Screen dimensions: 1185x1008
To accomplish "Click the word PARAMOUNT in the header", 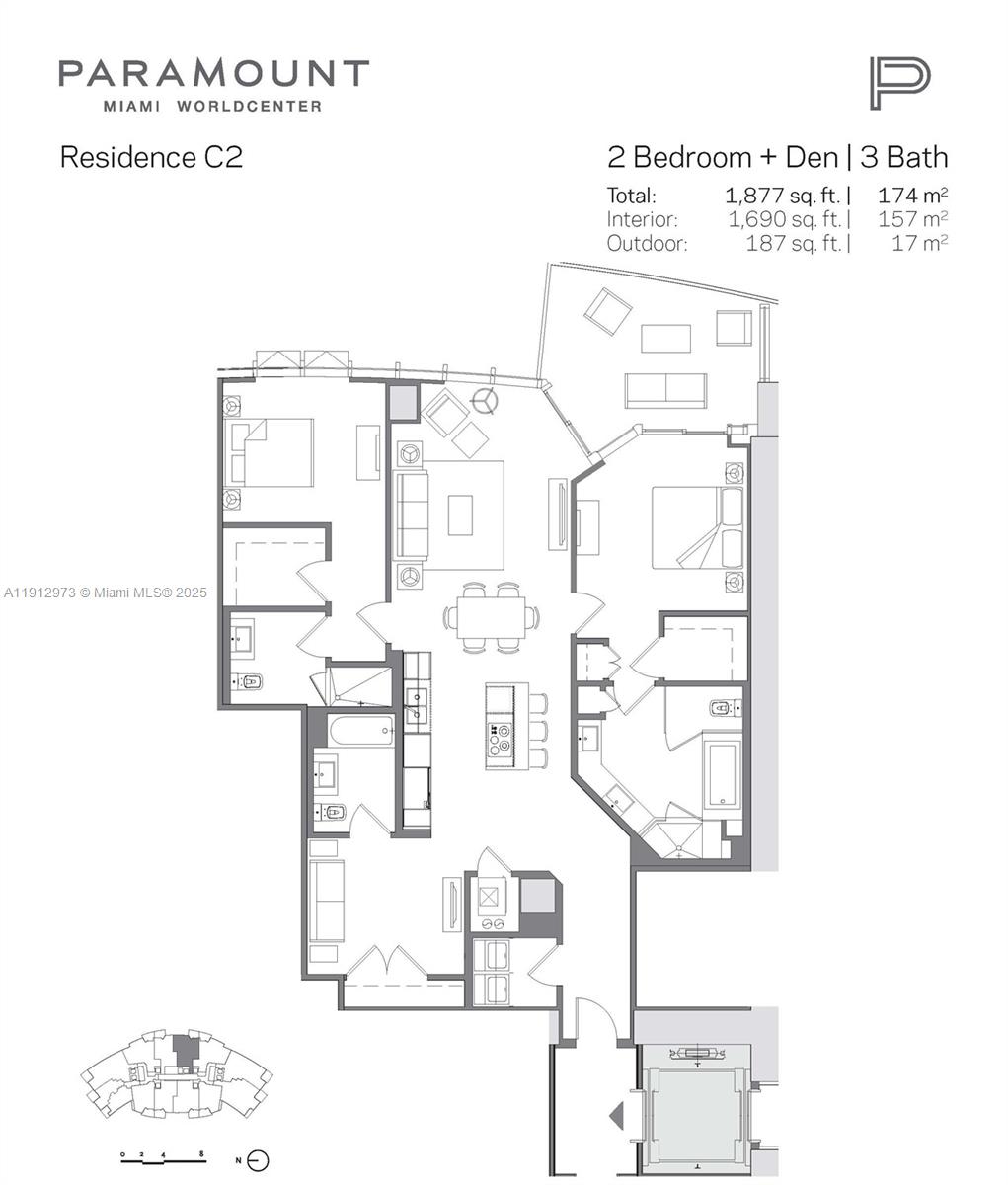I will click(x=213, y=74).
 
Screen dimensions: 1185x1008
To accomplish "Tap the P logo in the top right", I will click(x=898, y=83).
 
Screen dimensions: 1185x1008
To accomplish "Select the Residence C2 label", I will click(x=151, y=157).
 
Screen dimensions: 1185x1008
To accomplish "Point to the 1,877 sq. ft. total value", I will click(x=786, y=196).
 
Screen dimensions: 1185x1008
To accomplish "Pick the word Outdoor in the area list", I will click(x=647, y=243).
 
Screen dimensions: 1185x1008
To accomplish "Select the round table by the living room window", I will click(x=484, y=401).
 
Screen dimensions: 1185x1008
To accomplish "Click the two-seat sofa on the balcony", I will click(x=664, y=390).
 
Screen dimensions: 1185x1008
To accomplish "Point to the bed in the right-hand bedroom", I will click(x=695, y=527).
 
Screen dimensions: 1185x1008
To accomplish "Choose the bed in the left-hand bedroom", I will click(x=271, y=452).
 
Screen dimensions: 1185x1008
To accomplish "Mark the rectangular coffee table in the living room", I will click(x=460, y=515).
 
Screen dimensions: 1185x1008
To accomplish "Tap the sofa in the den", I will click(x=326, y=901).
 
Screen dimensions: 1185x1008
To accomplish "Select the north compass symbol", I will click(x=259, y=1161).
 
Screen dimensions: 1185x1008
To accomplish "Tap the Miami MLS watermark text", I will click(x=105, y=592).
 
